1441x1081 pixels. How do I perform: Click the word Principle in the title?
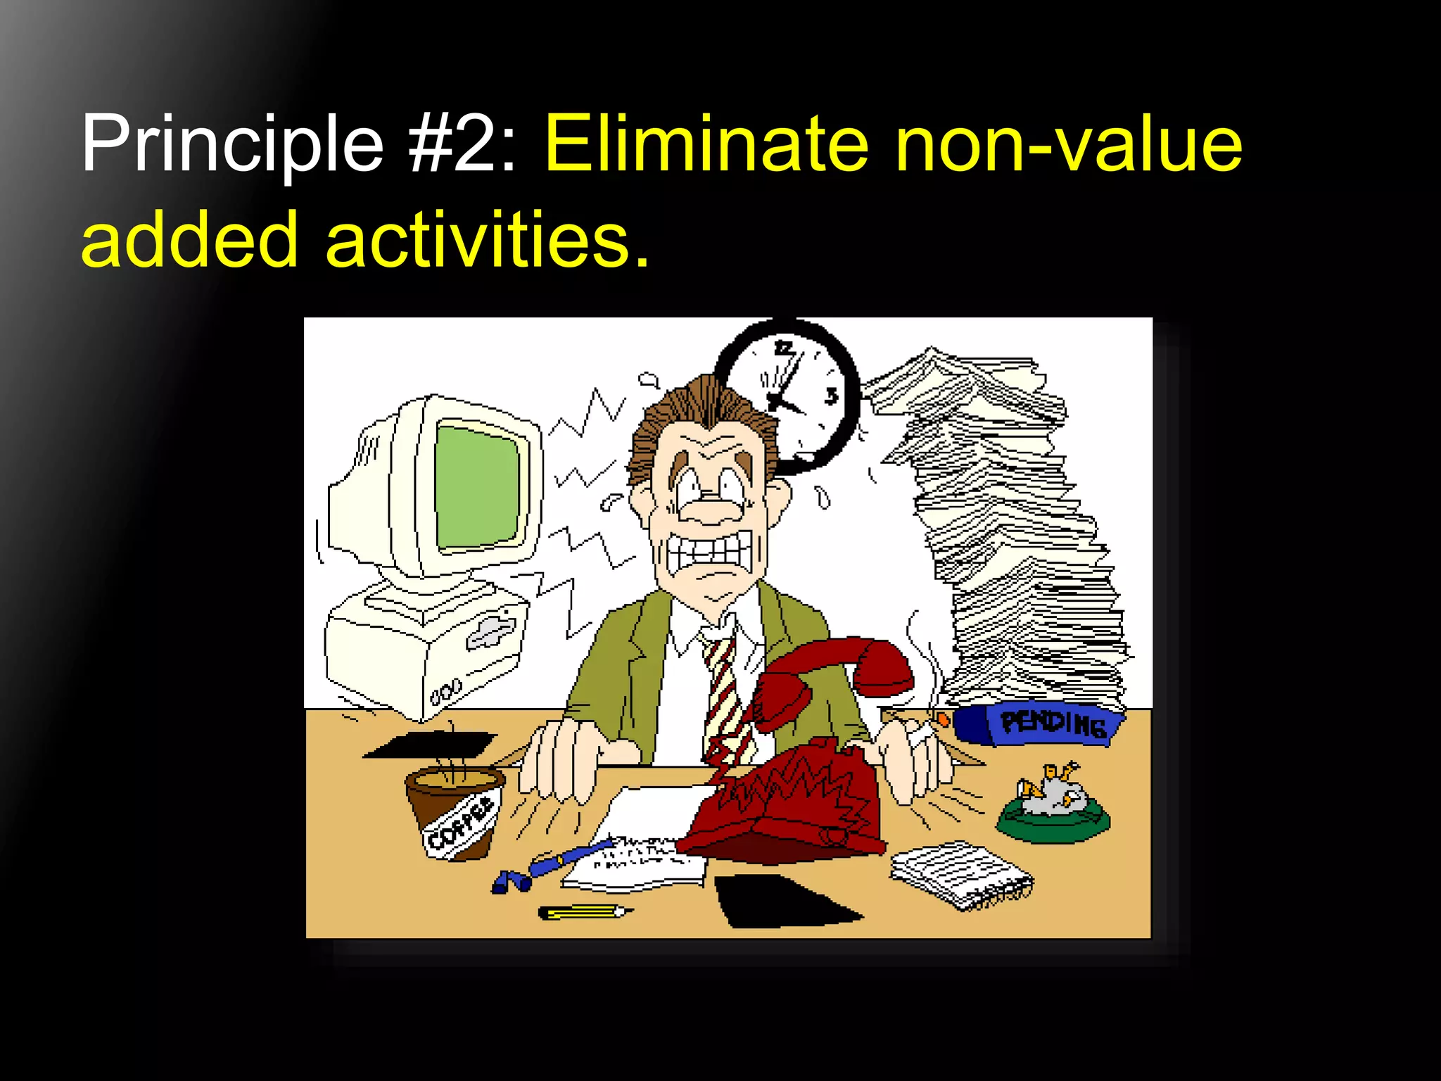[232, 144]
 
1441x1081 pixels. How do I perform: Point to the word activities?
[485, 241]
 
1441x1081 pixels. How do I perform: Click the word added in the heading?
[190, 241]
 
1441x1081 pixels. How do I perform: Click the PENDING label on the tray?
[1053, 723]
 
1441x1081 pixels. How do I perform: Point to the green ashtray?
[1053, 816]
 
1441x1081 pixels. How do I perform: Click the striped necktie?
[725, 697]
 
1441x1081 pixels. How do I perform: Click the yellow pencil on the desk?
[584, 913]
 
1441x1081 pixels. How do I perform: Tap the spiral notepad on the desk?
[960, 876]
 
